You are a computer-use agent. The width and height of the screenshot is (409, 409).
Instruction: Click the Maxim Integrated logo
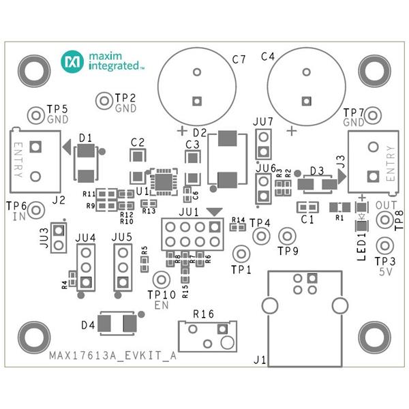pyautogui.click(x=102, y=61)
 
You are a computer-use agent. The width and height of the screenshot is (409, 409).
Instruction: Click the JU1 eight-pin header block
pyautogui.click(x=191, y=234)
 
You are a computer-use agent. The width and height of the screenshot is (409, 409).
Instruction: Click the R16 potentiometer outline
pyautogui.click(x=204, y=335)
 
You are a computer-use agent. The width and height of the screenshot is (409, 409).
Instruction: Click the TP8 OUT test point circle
pyautogui.click(x=384, y=220)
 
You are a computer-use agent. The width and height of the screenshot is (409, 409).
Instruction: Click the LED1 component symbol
pyautogui.click(x=361, y=219)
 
